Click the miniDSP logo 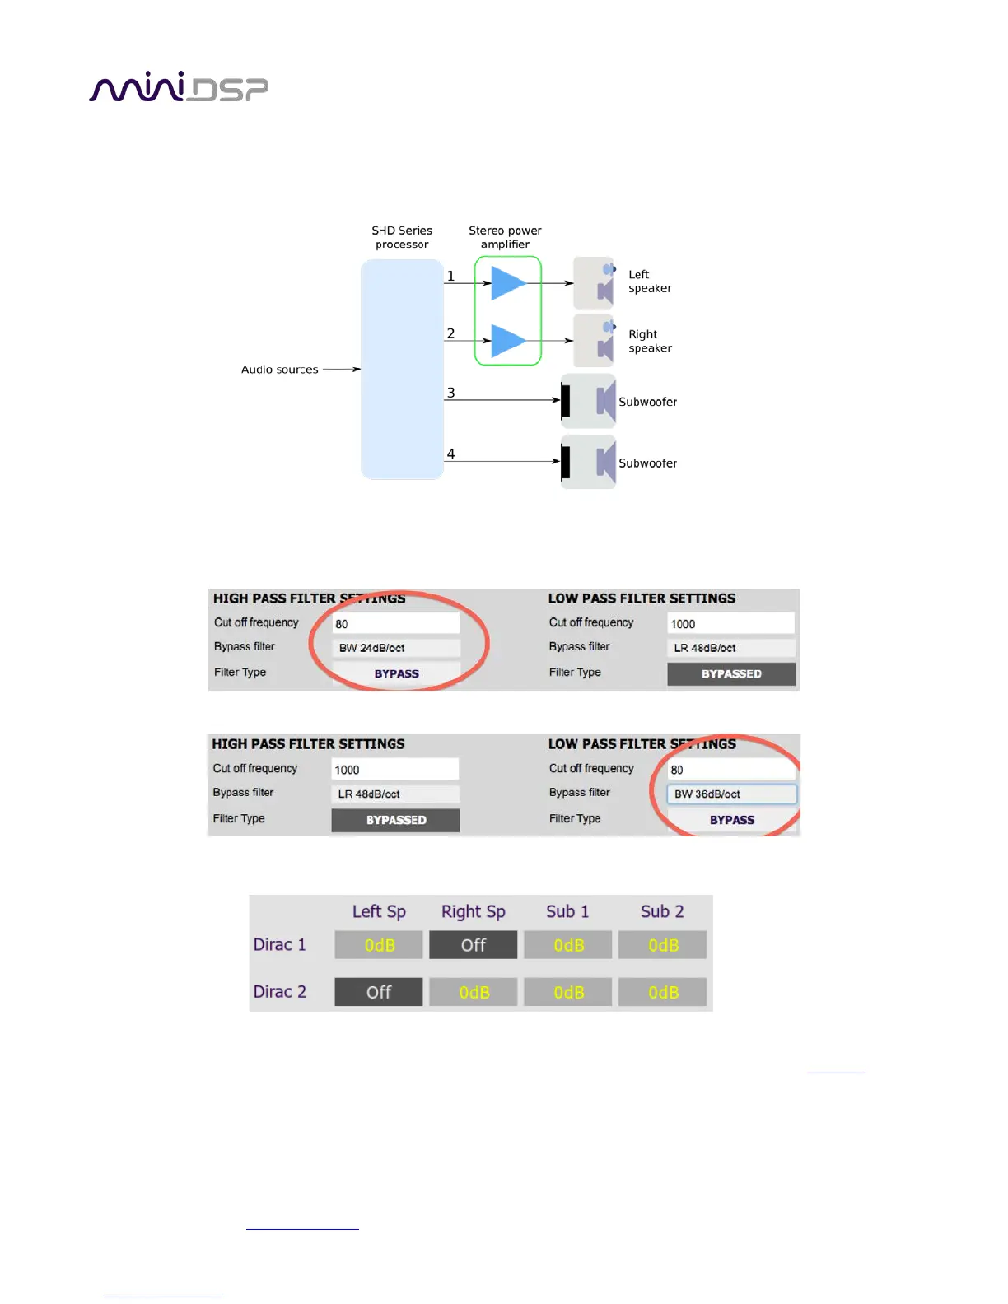[x=178, y=87]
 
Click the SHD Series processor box [x=402, y=369]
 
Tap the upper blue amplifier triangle [x=507, y=283]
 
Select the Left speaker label [x=650, y=282]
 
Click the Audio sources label [x=279, y=370]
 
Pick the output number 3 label [x=450, y=393]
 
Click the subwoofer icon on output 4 [x=589, y=462]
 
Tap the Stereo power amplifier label [x=505, y=237]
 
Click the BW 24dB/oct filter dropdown [x=396, y=648]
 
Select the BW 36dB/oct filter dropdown [x=731, y=794]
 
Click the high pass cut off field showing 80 [x=396, y=624]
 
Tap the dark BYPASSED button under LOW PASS [x=731, y=674]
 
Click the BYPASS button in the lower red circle [x=731, y=820]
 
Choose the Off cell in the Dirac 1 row [x=473, y=945]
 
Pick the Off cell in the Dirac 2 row [x=379, y=993]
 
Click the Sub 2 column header [x=662, y=911]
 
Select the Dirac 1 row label [x=279, y=945]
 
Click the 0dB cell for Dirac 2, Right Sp [x=474, y=993]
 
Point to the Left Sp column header [x=379, y=911]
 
